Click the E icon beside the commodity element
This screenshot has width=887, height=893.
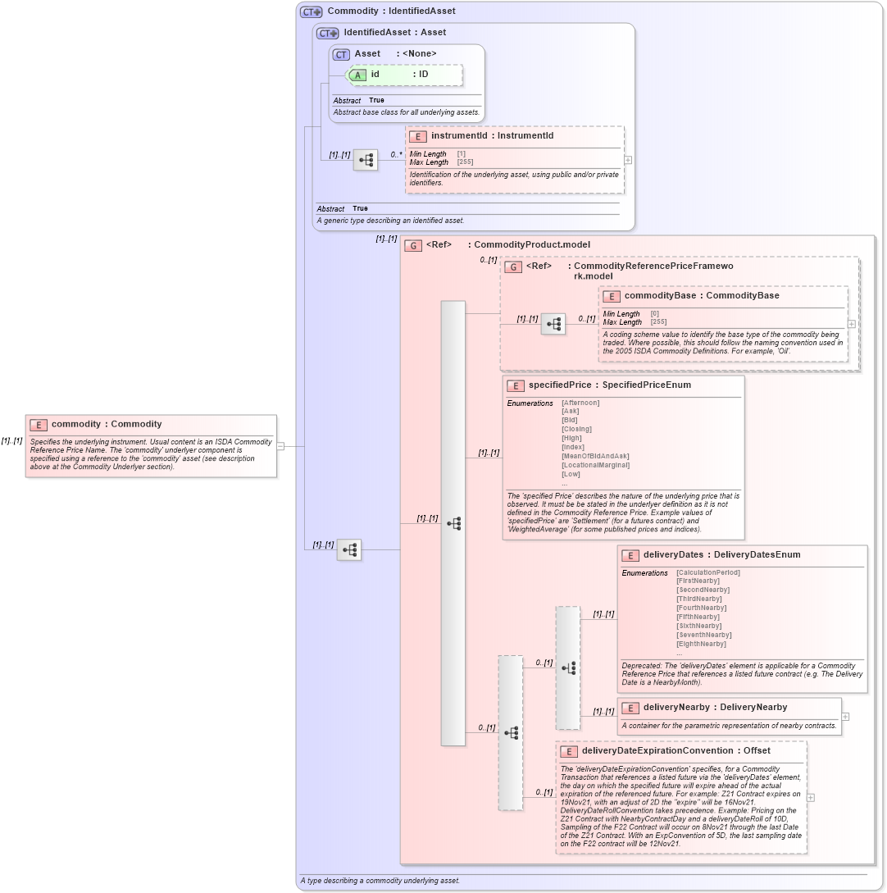pyautogui.click(x=39, y=425)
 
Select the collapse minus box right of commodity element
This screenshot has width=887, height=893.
pyautogui.click(x=280, y=446)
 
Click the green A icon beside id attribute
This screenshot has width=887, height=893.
pyautogui.click(x=357, y=75)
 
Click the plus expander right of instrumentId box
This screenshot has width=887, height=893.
pyautogui.click(x=628, y=160)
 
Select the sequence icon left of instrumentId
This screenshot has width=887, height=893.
pyautogui.click(x=366, y=160)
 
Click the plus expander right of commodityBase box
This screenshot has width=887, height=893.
pyautogui.click(x=852, y=324)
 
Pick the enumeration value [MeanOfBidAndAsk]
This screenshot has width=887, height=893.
pyautogui.click(x=595, y=456)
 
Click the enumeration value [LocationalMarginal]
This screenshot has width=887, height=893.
pyautogui.click(x=595, y=465)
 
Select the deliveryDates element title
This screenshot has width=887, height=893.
pyautogui.click(x=673, y=555)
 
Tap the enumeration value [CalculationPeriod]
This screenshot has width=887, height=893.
pyautogui.click(x=707, y=572)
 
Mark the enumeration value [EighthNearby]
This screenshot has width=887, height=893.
pyautogui.click(x=701, y=644)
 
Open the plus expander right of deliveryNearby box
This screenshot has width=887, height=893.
pyautogui.click(x=845, y=717)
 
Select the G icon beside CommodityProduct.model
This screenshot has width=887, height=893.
pyautogui.click(x=413, y=245)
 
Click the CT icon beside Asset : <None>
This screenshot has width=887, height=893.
pyautogui.click(x=341, y=54)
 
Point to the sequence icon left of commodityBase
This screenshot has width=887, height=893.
pyautogui.click(x=553, y=324)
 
